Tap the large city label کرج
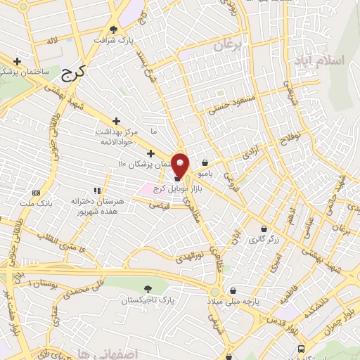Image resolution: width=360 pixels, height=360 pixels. click(x=72, y=70)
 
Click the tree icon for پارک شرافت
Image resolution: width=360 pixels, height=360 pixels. click(x=115, y=29)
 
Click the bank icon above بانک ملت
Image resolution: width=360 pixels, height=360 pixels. click(x=36, y=192)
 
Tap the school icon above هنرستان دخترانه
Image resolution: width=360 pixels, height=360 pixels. click(x=97, y=190)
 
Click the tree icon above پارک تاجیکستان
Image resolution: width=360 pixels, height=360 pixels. click(x=147, y=289)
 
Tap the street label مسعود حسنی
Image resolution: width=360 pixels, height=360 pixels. click(x=228, y=106)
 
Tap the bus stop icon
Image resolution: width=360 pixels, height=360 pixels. click(x=301, y=348)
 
